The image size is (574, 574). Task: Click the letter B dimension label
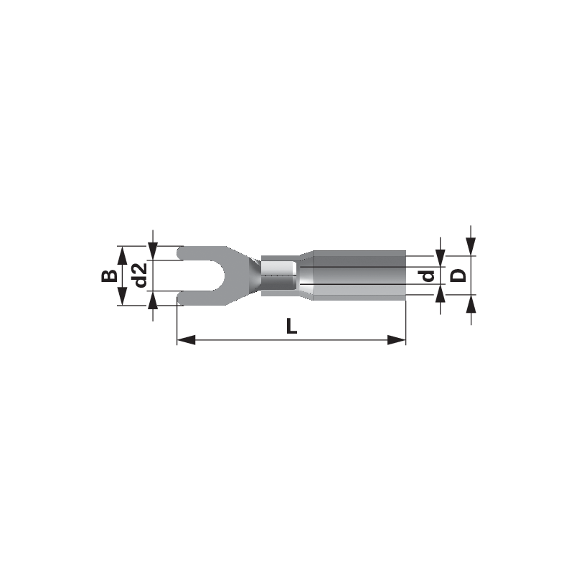pyautogui.click(x=109, y=276)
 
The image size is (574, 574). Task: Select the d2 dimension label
pyautogui.click(x=139, y=276)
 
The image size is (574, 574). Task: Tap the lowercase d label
pyautogui.click(x=427, y=276)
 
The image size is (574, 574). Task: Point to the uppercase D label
pyautogui.click(x=458, y=276)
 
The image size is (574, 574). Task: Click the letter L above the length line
pyautogui.click(x=291, y=326)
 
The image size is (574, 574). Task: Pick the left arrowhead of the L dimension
pyautogui.click(x=186, y=339)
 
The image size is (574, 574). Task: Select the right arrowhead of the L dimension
pyautogui.click(x=397, y=339)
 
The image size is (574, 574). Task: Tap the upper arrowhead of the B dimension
pyautogui.click(x=122, y=255)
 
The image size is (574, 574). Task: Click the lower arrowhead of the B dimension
pyautogui.click(x=122, y=296)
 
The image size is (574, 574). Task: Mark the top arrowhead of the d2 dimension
pyautogui.click(x=153, y=251)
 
